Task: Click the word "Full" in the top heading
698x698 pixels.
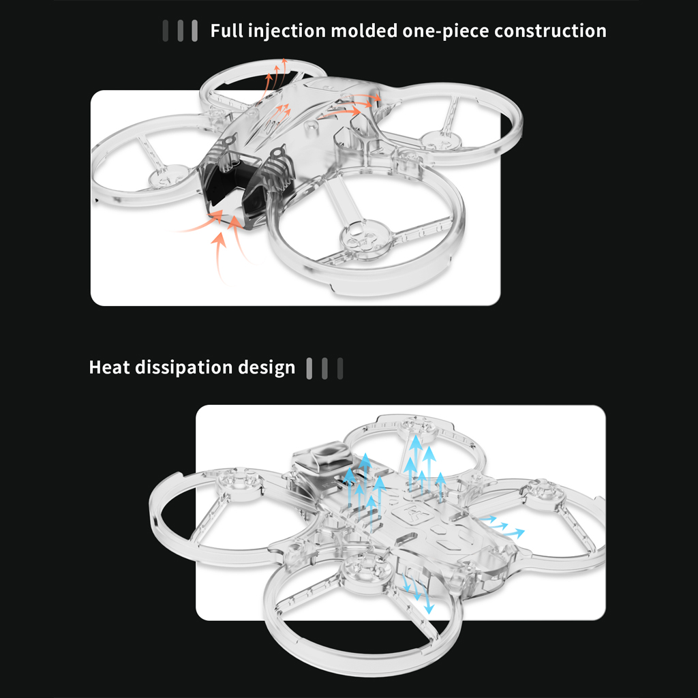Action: (x=226, y=31)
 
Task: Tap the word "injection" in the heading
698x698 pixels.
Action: (x=287, y=31)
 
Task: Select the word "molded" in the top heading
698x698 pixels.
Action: (x=364, y=31)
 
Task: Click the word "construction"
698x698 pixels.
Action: (x=550, y=31)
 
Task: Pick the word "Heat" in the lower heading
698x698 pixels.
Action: (x=109, y=367)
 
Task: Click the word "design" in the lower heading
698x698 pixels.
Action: (x=267, y=368)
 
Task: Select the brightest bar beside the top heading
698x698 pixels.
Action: (x=194, y=31)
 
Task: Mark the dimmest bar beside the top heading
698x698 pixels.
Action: (x=166, y=31)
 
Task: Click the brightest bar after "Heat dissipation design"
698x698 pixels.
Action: (x=309, y=369)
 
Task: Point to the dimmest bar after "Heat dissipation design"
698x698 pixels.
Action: (x=340, y=369)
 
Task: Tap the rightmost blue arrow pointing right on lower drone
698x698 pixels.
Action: (x=517, y=532)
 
